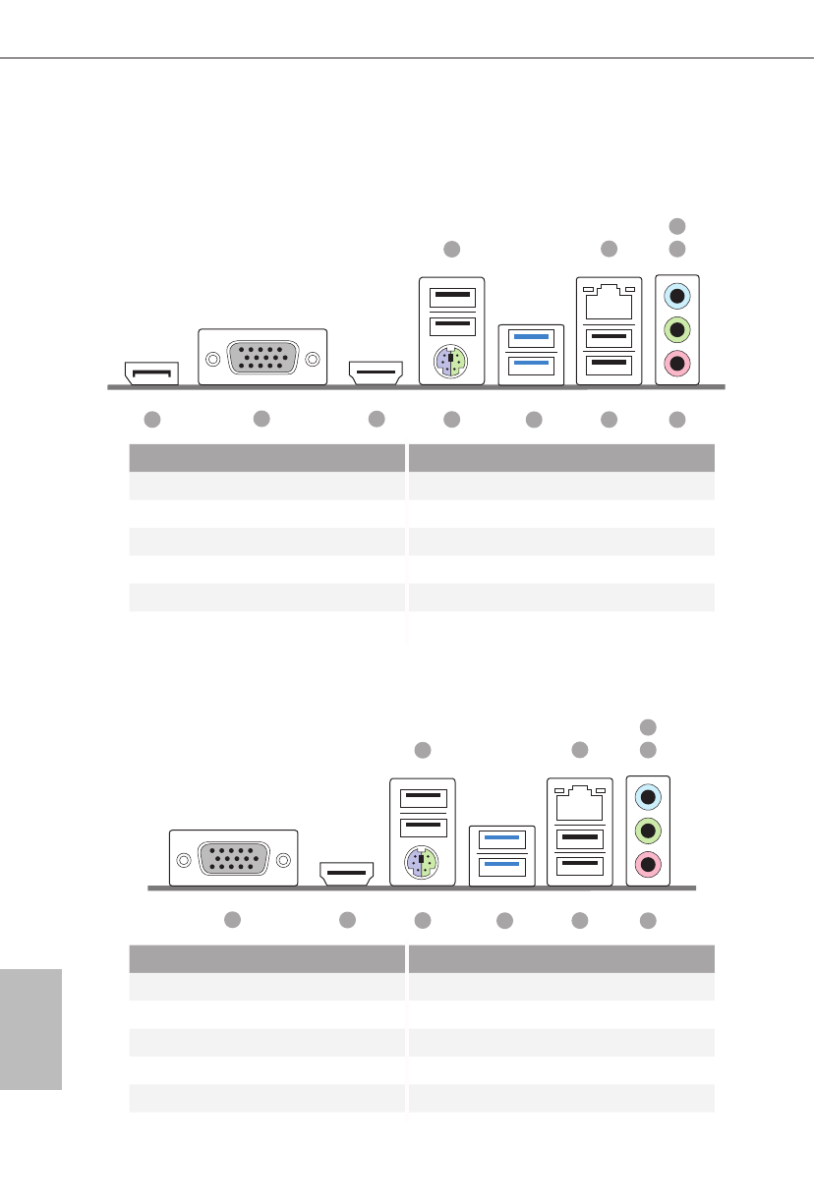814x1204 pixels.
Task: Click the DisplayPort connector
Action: point(151,373)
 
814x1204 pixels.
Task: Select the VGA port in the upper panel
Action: point(262,357)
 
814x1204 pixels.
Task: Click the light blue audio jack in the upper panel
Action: point(677,294)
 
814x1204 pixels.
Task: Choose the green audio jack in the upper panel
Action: point(677,328)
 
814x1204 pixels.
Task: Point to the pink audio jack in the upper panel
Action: point(677,364)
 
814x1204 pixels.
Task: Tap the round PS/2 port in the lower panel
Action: point(423,864)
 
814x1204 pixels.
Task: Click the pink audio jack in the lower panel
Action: point(648,866)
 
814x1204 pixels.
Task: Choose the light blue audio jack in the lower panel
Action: point(648,795)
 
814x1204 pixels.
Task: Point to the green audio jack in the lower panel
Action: point(648,831)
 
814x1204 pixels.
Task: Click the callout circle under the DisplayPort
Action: point(151,420)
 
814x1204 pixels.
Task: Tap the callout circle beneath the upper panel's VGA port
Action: point(261,419)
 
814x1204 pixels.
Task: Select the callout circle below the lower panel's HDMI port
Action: point(346,920)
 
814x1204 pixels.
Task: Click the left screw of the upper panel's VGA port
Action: point(211,359)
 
